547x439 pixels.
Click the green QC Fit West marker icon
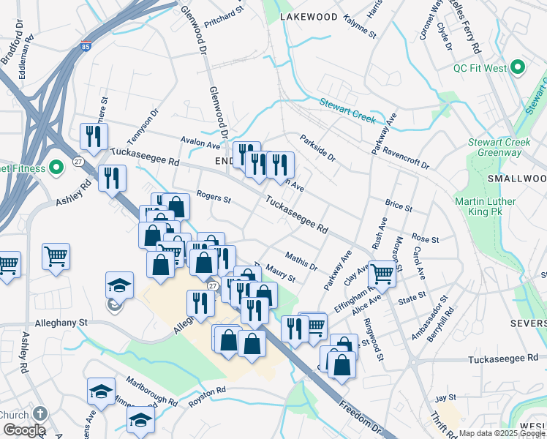(x=518, y=68)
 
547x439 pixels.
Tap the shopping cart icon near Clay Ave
(x=382, y=274)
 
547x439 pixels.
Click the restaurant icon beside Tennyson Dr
(x=94, y=135)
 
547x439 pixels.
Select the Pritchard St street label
(x=224, y=14)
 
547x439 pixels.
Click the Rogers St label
(x=214, y=198)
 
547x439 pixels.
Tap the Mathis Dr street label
(x=301, y=261)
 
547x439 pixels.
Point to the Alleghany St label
(x=61, y=322)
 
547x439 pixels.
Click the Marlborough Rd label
(x=152, y=396)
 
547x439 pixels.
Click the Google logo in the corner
(x=23, y=430)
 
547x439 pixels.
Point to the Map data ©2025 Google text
(x=502, y=433)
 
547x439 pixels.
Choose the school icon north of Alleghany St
(x=120, y=286)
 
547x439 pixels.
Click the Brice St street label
(x=399, y=207)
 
